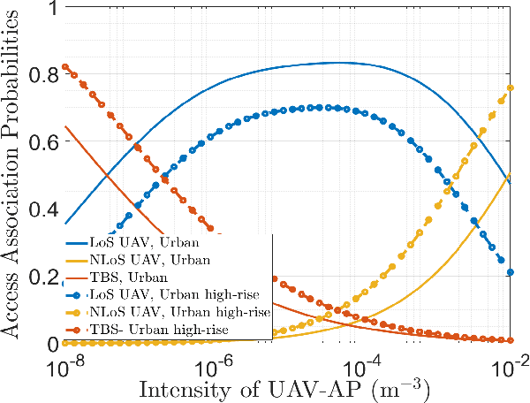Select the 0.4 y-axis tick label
pos(40,209)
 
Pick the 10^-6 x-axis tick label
pos(214,363)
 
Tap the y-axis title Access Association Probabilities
pos(14,177)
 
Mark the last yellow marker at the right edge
pos(511,88)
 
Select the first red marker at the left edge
pos(65,67)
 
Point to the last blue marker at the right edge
pos(511,273)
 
